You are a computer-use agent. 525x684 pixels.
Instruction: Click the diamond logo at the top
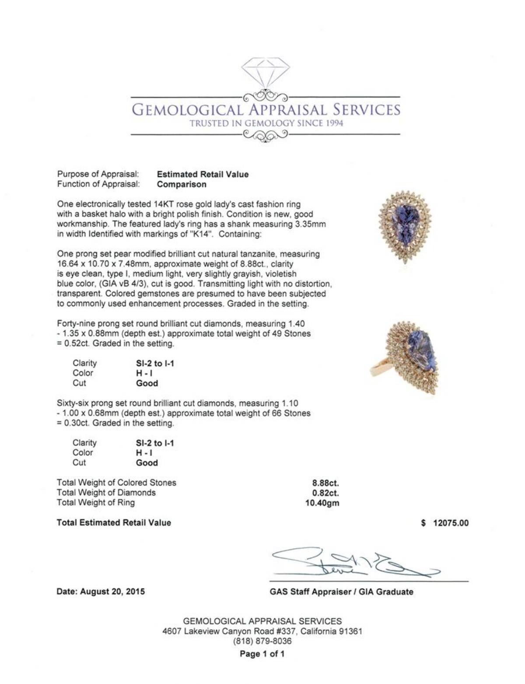tap(265, 73)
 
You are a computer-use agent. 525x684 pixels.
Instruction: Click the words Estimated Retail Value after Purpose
tap(203, 174)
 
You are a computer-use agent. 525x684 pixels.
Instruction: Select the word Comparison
tap(182, 184)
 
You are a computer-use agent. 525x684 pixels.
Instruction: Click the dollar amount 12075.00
tap(450, 523)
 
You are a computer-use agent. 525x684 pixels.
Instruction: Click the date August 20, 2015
tap(101, 592)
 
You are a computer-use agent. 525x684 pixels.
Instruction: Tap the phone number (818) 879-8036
tap(262, 641)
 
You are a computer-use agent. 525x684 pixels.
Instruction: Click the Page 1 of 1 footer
tap(262, 654)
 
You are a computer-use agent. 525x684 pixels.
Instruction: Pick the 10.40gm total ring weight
tap(322, 503)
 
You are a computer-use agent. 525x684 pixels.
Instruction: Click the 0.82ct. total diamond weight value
tap(325, 493)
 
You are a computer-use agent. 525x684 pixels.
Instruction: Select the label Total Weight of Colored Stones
tap(116, 483)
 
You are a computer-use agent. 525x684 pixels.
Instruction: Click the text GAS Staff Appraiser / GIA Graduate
tap(341, 592)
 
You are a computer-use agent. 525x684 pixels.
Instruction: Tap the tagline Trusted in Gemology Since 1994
tap(266, 123)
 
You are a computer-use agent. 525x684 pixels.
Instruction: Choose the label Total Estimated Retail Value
tap(114, 523)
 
